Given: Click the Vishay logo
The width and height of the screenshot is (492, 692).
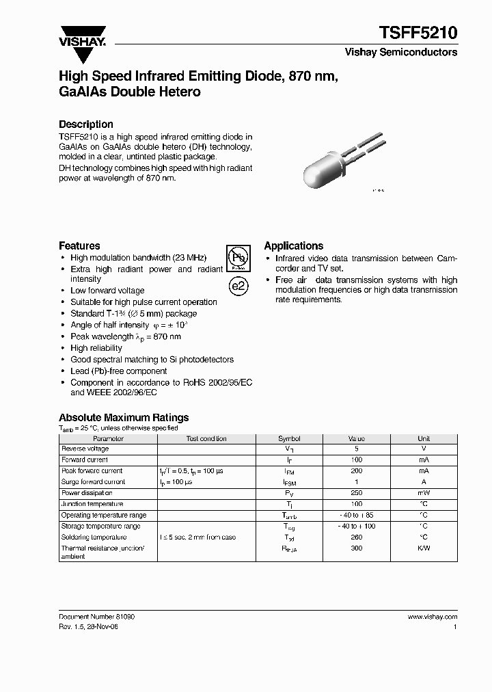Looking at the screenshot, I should (81, 36).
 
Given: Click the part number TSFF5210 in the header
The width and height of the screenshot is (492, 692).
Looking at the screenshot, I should (418, 32).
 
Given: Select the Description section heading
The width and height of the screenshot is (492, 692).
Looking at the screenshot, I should (86, 124).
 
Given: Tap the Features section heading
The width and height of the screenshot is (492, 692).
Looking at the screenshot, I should (79, 245).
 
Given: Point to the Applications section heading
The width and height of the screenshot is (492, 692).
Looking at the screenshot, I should (293, 245).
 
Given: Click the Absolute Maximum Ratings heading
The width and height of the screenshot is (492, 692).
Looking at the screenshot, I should (124, 417).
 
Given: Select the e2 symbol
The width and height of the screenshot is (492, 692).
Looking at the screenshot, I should (236, 286).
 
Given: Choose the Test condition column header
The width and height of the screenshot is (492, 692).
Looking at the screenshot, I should (206, 438).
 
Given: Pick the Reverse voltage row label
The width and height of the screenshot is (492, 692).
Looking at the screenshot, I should (85, 449).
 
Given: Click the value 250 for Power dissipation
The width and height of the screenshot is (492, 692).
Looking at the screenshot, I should (356, 493).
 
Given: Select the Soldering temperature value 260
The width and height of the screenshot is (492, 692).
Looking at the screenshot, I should (356, 537).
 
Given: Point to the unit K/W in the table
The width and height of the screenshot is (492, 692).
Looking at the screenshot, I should (424, 548).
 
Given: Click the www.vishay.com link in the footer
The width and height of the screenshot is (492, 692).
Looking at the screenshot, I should (432, 616).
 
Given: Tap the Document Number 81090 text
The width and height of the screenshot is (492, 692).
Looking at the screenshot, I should (96, 616).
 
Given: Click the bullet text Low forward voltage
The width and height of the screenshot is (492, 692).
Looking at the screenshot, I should (107, 291).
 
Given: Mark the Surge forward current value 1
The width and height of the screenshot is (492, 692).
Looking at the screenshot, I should (356, 482).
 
